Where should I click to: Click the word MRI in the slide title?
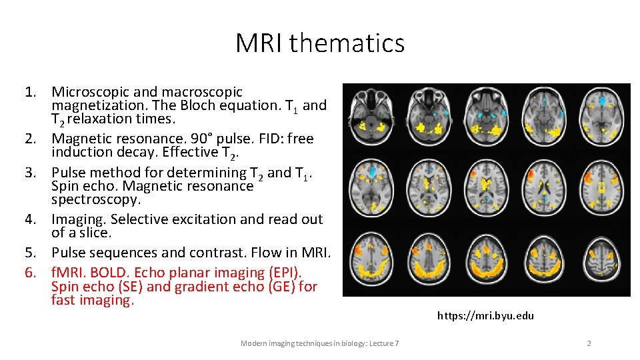(x=259, y=43)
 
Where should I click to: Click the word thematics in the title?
(x=347, y=43)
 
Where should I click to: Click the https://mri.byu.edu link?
(x=485, y=316)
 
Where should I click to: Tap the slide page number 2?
(x=589, y=343)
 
